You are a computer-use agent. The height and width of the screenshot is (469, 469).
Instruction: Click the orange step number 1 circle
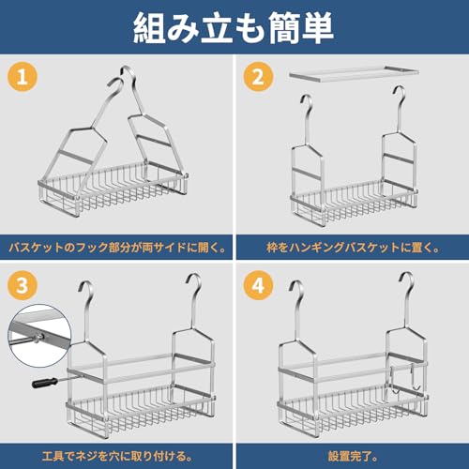tap(23, 77)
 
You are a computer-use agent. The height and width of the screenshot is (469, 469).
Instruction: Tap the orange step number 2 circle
tap(258, 77)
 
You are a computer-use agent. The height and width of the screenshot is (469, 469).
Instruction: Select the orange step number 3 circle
tap(23, 285)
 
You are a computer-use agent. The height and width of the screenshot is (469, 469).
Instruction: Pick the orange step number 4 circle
tap(258, 285)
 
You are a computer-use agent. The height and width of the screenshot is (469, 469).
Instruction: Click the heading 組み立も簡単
tap(234, 27)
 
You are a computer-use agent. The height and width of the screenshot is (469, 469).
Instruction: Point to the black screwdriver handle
tap(45, 383)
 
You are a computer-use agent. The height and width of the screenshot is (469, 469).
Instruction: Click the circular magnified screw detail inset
tap(39, 336)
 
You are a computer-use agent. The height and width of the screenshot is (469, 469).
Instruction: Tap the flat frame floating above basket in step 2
tap(354, 74)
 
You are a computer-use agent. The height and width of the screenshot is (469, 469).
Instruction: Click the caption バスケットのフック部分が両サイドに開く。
tap(117, 248)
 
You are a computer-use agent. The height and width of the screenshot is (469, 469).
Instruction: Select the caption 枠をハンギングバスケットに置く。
tap(353, 248)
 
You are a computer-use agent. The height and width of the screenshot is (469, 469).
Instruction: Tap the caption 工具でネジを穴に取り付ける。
tap(117, 456)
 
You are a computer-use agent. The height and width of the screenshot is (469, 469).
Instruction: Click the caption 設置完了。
tap(353, 456)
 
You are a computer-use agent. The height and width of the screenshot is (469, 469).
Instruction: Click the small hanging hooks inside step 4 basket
tap(405, 378)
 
